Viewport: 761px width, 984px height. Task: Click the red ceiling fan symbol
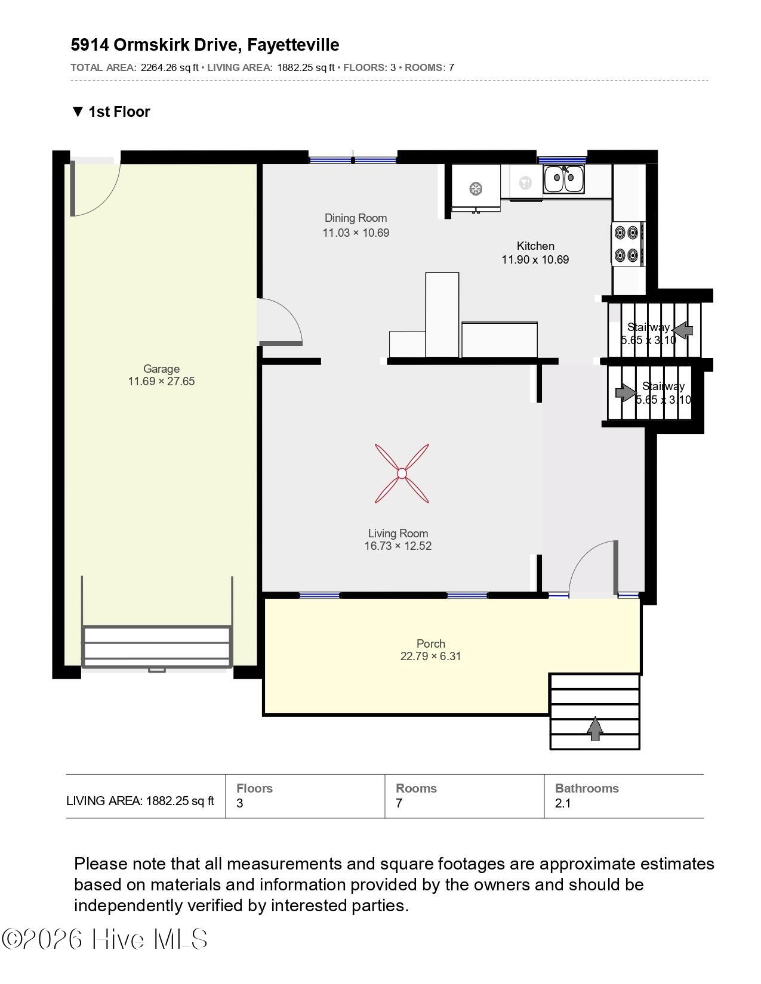tap(402, 473)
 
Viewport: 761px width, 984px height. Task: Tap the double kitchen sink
tap(564, 178)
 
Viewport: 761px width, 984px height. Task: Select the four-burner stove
tap(628, 244)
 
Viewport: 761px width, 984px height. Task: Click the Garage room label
tap(161, 369)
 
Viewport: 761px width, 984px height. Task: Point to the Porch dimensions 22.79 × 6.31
tap(430, 656)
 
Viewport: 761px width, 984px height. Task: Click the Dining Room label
tap(356, 218)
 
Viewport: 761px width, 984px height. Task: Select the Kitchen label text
tap(535, 246)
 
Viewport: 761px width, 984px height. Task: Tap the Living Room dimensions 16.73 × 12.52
tap(398, 546)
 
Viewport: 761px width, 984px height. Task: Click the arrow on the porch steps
tap(594, 728)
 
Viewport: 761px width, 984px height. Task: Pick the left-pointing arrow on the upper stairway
tap(682, 330)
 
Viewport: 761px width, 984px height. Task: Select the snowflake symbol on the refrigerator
tap(476, 188)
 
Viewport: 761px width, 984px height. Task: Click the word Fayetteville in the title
tap(293, 45)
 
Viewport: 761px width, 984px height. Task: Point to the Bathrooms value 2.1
tap(562, 803)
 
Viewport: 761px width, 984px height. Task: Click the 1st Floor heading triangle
tap(78, 112)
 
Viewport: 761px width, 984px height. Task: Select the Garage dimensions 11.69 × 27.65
tap(161, 381)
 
